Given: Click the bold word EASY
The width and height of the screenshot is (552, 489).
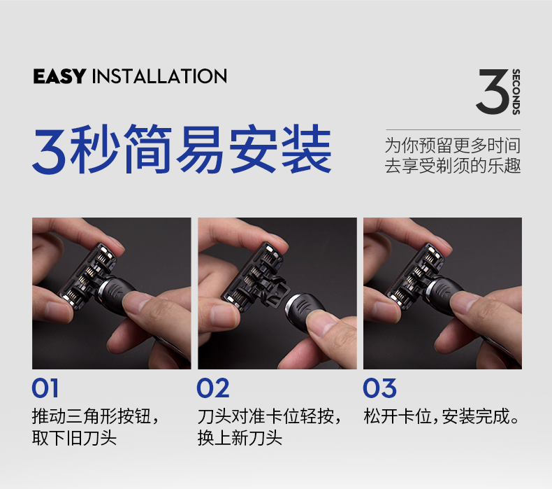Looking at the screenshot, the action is (x=59, y=76).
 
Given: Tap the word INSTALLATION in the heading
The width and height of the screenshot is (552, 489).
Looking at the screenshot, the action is (x=159, y=76).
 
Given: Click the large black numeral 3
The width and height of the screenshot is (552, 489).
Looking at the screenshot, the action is (x=493, y=92).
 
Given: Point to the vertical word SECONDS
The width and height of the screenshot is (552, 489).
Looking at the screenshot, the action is (x=516, y=92).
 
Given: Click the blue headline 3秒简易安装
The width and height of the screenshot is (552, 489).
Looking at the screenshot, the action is (x=182, y=149).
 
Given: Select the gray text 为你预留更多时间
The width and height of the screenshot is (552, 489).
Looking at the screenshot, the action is (x=452, y=146).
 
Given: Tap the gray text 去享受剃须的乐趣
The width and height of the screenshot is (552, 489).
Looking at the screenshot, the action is (x=452, y=166).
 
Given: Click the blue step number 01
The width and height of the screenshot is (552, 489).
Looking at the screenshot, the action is (x=45, y=388).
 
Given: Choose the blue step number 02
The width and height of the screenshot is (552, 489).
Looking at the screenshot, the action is (x=213, y=388).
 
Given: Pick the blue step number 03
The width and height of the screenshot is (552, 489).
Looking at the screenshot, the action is (x=379, y=388).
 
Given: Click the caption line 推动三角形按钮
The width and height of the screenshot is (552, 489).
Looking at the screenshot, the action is (x=92, y=416).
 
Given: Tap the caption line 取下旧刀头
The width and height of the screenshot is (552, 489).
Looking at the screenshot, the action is (x=74, y=438).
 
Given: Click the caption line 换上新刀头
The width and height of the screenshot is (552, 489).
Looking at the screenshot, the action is (x=240, y=438).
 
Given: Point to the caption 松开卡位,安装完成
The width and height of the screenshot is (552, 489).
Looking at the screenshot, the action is (x=441, y=416).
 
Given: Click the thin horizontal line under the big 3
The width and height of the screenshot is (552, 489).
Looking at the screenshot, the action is (x=453, y=129).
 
